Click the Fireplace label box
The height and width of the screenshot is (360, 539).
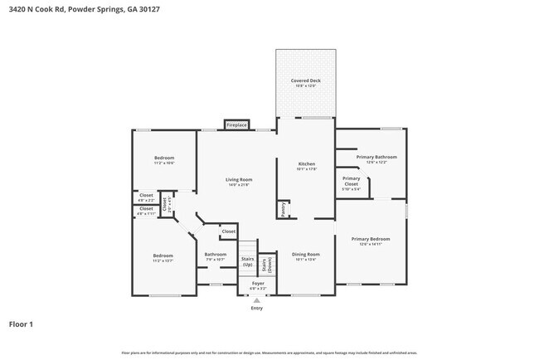coord(237,124)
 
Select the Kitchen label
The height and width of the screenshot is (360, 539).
coord(307,166)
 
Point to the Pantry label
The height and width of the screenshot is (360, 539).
coord(284,210)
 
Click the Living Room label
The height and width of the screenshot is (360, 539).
coord(239,181)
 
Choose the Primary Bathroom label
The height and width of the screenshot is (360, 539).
coord(376,158)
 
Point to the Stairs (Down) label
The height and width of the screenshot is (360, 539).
coord(267,264)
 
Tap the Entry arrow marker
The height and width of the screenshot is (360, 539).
coord(256,301)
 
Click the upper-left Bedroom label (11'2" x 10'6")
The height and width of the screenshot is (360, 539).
coord(163,159)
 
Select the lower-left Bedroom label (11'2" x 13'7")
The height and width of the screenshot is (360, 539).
coord(163,257)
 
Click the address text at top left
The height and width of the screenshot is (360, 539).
coord(66,8)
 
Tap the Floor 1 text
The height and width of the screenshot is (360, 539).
coord(21,324)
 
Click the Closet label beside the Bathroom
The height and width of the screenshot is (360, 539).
coord(229,231)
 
